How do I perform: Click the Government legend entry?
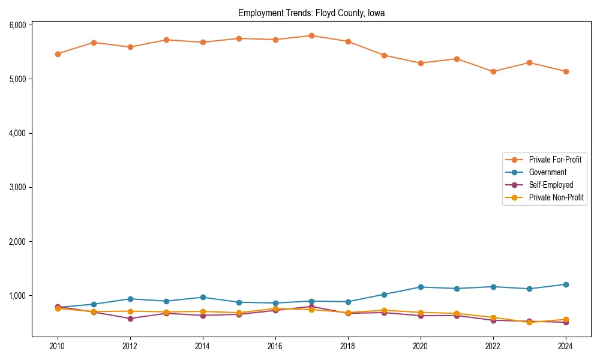coord(547,172)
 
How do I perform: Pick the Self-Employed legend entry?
coord(551,185)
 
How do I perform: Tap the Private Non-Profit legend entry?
coord(556,197)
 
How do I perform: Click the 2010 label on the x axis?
coord(58,346)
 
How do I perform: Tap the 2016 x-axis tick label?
coord(275,346)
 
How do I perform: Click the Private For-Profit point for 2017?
coord(311,36)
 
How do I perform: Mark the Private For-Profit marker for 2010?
coord(58,54)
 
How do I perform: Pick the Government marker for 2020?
coord(421,287)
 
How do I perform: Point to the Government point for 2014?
coord(203,297)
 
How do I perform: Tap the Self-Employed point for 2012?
coord(130,319)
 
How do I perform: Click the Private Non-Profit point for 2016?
coord(275,308)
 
